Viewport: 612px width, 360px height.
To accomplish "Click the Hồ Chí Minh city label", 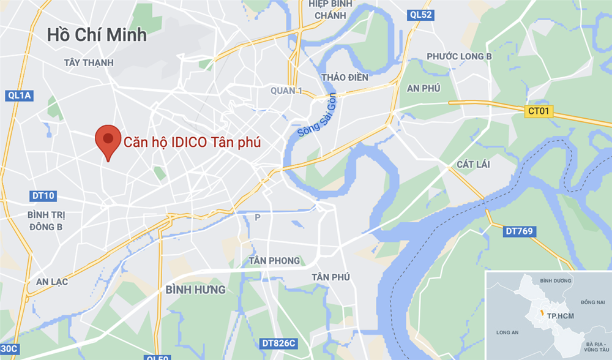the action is pyautogui.click(x=97, y=34).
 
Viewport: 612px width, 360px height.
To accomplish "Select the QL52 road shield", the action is pyautogui.click(x=421, y=15).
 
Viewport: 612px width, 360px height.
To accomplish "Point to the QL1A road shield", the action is pyautogui.click(x=20, y=96).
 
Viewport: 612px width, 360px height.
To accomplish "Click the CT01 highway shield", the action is pyautogui.click(x=539, y=111).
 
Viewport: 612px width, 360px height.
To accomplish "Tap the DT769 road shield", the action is pyautogui.click(x=520, y=231).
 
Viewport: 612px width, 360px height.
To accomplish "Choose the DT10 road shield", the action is pyautogui.click(x=42, y=196).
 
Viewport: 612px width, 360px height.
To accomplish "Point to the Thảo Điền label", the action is pyautogui.click(x=345, y=77).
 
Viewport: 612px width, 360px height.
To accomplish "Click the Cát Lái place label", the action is pyautogui.click(x=473, y=164).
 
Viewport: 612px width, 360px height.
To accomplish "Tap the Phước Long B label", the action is pyautogui.click(x=460, y=56).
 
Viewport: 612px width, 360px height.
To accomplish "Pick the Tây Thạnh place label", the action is pyautogui.click(x=89, y=62).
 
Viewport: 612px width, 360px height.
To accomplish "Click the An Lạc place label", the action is pyautogui.click(x=52, y=282).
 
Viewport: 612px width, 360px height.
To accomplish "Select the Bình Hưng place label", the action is pyautogui.click(x=196, y=289).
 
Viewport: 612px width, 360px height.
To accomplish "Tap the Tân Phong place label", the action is pyautogui.click(x=275, y=261).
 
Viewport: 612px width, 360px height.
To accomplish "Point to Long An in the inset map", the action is pyautogui.click(x=508, y=333).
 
